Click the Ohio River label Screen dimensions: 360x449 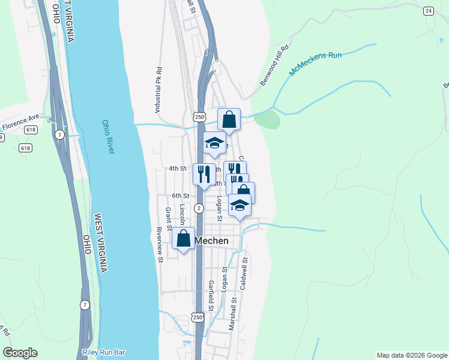point(107,137)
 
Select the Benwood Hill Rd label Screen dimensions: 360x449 point(274,65)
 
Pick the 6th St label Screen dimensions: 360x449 point(181,196)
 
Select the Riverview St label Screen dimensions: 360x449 point(160,245)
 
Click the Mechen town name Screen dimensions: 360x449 point(211,241)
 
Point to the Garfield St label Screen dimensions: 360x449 point(211,295)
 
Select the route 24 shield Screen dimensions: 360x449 point(428,11)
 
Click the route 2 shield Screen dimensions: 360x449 point(199,208)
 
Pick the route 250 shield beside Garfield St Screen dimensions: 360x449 point(199,316)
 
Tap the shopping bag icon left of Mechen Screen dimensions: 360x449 point(183,238)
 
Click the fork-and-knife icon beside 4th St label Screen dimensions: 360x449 point(203,174)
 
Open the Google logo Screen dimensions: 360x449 point(20,353)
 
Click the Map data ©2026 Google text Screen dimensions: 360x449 point(412,355)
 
